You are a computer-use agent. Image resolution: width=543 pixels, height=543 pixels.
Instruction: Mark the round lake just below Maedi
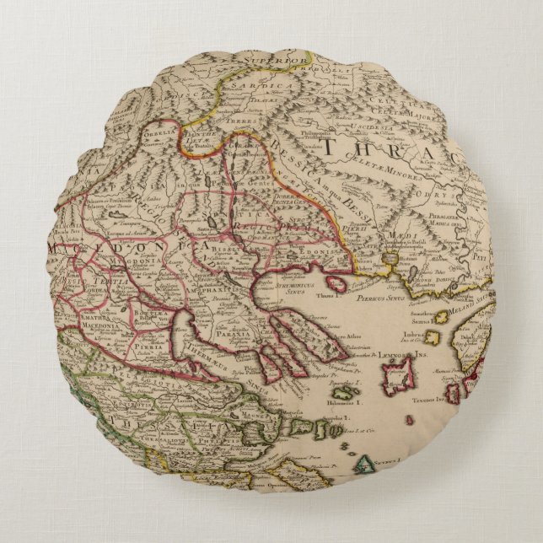point(390,256)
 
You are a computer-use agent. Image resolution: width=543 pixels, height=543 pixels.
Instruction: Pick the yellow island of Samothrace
point(441,318)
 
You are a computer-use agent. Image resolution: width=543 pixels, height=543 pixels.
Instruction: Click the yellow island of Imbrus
point(434,338)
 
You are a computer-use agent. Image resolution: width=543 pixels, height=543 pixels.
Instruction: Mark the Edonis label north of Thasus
point(316,238)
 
